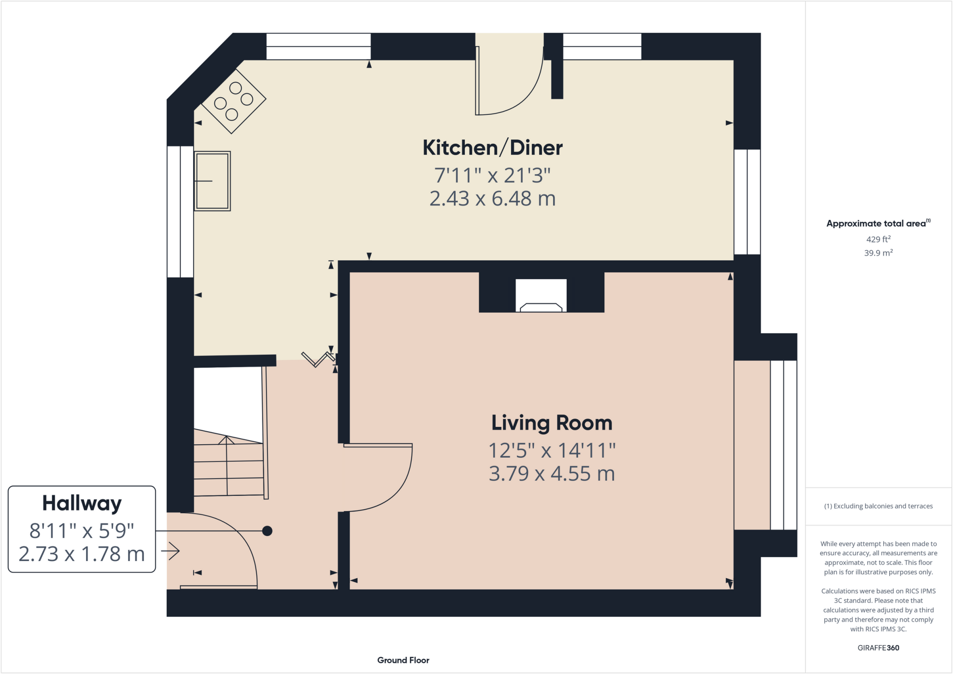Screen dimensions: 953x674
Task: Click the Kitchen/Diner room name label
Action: point(492,148)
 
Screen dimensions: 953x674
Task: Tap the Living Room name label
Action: point(552,423)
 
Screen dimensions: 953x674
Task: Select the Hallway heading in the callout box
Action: point(82,503)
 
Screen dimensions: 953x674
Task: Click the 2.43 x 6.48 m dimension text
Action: point(492,199)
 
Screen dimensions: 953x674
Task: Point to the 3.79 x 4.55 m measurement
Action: point(552,474)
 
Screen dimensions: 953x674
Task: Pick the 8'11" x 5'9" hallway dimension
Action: point(82,530)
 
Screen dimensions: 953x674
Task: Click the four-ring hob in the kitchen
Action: point(234,101)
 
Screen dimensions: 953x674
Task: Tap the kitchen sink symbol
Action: point(212,181)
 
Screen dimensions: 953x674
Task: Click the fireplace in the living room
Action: point(541,295)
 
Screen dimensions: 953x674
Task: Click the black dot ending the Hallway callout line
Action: point(267,531)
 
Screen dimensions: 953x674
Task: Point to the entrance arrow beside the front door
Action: point(170,551)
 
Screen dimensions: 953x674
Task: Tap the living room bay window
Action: point(784,445)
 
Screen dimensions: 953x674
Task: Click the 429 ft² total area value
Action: point(879,239)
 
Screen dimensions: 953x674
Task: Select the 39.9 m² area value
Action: point(879,253)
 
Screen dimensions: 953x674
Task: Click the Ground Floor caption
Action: point(403,660)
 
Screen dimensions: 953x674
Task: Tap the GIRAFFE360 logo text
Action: point(879,647)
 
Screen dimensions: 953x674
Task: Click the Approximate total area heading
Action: point(878,223)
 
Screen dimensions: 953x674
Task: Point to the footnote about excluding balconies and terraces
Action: point(879,506)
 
